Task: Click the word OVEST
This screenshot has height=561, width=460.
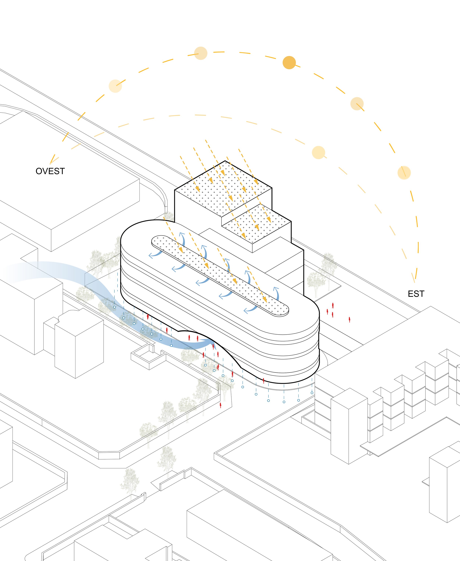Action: tap(50, 171)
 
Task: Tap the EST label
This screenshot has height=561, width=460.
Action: tap(416, 294)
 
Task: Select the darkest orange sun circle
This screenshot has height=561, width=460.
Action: tap(289, 63)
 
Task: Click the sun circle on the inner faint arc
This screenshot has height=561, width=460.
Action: tap(318, 153)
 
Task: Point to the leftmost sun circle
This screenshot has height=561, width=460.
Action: tap(115, 86)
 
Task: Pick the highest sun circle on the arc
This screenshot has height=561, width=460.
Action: tap(201, 53)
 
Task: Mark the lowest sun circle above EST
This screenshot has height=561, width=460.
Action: tap(404, 173)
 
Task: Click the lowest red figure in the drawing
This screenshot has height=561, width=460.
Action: tap(220, 405)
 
